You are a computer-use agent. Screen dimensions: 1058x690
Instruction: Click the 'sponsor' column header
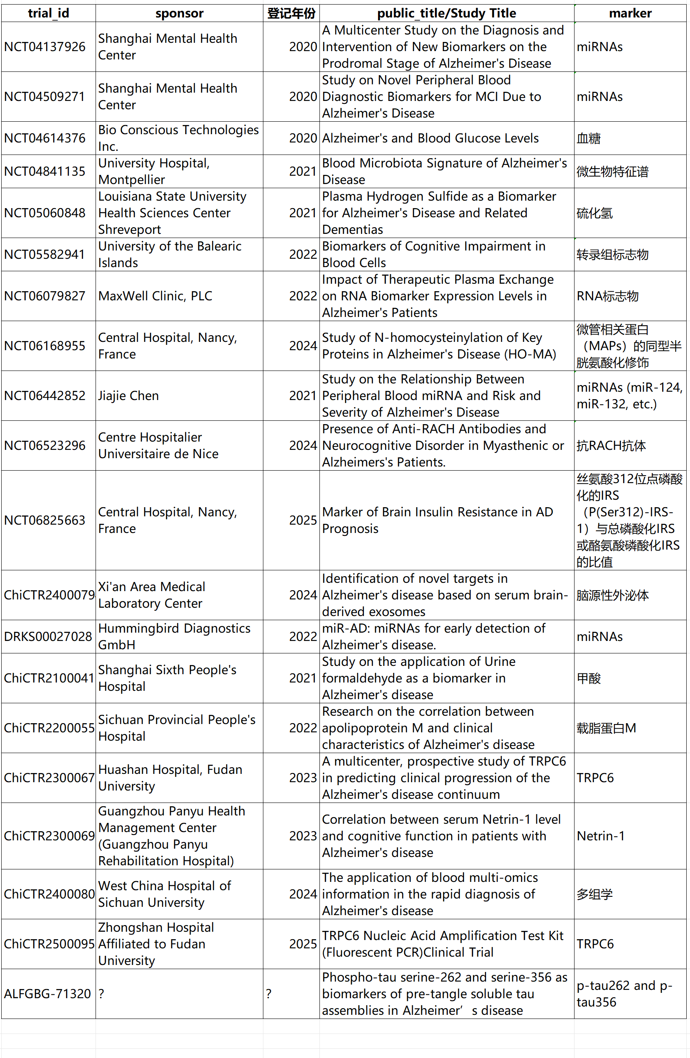[x=179, y=13]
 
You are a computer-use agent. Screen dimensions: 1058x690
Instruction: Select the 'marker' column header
[x=630, y=13]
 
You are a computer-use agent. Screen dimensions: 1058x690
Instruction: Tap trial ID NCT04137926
[x=44, y=47]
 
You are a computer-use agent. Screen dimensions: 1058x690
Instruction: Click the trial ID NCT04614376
[x=44, y=138]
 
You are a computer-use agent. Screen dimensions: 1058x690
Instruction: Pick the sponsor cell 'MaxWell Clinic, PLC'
[x=155, y=296]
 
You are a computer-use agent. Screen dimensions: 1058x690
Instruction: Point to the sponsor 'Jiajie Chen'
[x=128, y=395]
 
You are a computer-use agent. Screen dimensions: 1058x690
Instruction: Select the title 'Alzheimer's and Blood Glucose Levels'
[x=430, y=138]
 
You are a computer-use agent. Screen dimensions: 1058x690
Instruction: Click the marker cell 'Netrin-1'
[x=601, y=836]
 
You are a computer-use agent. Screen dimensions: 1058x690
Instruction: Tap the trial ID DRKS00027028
[x=48, y=636]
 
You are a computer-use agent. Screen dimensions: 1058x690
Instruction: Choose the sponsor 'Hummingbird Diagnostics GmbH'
[x=174, y=636]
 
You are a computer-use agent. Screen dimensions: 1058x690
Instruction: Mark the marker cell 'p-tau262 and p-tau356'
[x=624, y=994]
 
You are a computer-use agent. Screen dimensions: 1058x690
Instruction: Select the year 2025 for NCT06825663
[x=303, y=520]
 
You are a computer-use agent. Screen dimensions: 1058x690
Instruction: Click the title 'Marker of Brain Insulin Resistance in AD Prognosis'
[x=437, y=520]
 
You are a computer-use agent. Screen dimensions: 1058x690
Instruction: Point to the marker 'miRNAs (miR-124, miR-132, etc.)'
[x=629, y=395]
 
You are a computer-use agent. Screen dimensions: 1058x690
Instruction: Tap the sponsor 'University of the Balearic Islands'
[x=170, y=254]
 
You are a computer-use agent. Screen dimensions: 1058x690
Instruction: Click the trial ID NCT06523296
[x=44, y=445]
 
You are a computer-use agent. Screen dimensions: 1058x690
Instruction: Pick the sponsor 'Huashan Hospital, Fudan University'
[x=170, y=778]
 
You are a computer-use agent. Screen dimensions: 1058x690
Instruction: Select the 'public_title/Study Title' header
[x=447, y=13]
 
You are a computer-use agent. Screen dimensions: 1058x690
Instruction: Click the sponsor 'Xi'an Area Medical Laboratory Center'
[x=152, y=595]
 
